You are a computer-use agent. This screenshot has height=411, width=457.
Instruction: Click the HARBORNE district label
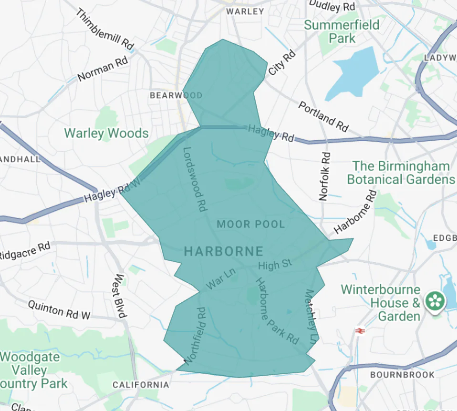tap(223, 251)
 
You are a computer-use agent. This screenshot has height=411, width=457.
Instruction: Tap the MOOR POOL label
tap(250, 224)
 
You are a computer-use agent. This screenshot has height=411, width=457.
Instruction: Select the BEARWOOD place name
tap(176, 95)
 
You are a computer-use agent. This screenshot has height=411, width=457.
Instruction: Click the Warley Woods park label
tap(106, 133)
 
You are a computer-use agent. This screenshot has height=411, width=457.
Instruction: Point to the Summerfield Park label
tap(342, 31)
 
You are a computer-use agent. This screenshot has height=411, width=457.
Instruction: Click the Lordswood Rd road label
tap(195, 179)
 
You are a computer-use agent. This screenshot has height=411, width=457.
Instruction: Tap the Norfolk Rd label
tap(325, 176)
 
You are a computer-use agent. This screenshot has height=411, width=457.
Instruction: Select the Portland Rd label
tap(323, 116)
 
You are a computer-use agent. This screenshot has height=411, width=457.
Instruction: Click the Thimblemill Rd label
tap(104, 29)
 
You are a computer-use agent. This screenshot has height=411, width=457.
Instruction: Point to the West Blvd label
tap(119, 296)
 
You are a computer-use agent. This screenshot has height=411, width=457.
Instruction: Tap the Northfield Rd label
tap(195, 336)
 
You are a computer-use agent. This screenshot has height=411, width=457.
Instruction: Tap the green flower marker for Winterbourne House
tap(435, 301)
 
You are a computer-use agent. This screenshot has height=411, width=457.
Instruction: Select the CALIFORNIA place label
tap(141, 384)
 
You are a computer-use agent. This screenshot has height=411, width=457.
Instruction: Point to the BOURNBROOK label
tap(402, 374)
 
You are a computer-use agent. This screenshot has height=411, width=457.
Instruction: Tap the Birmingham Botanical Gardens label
tap(401, 173)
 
